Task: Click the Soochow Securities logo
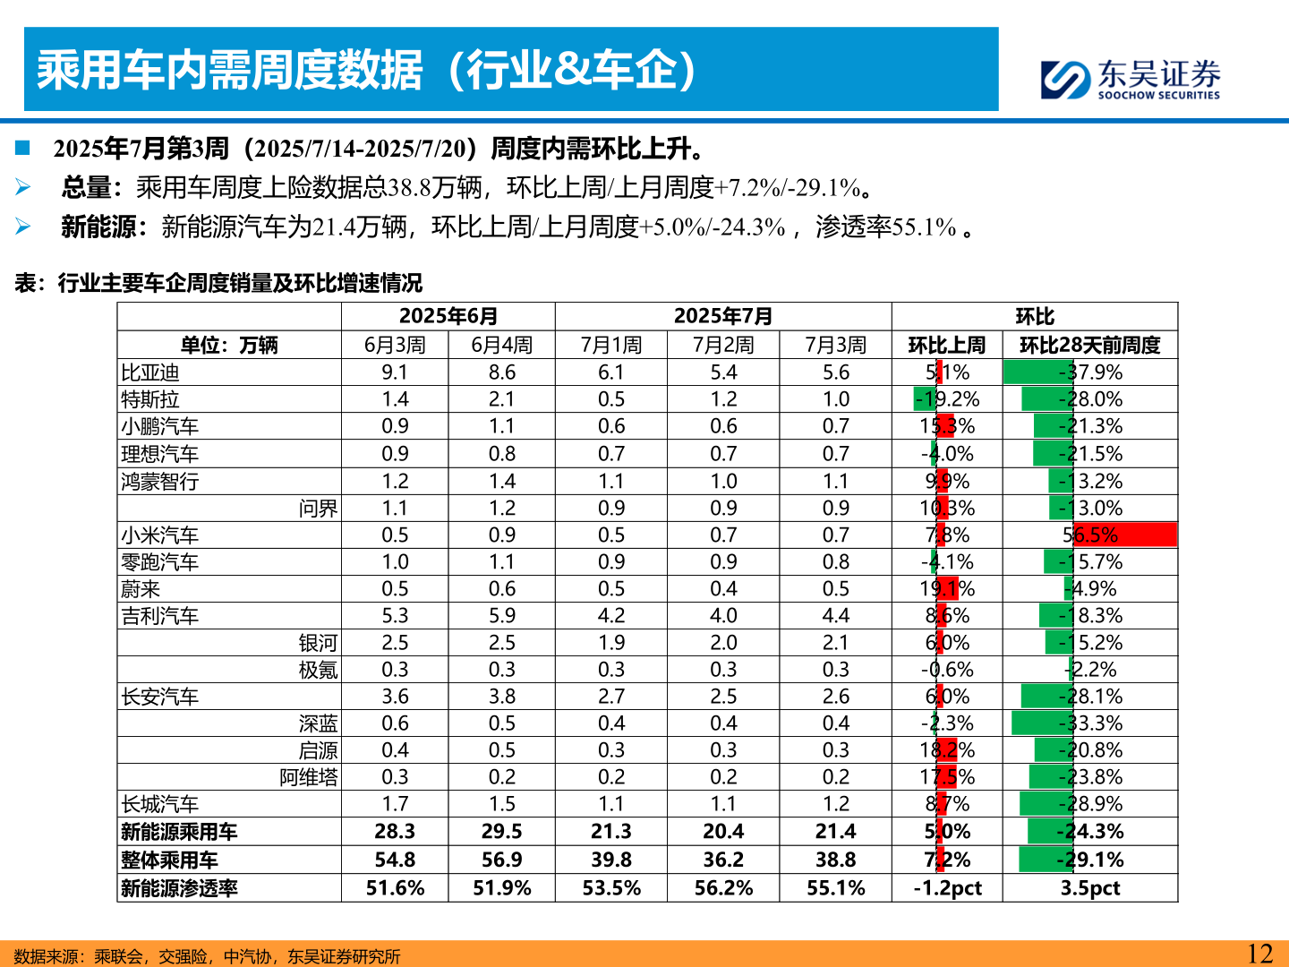[x=1130, y=79]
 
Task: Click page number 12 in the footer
[x=1259, y=954]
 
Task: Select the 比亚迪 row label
[x=150, y=372]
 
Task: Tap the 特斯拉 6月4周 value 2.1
[x=501, y=399]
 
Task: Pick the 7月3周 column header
[x=835, y=345]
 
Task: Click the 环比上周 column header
[x=947, y=345]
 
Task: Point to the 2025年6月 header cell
[x=448, y=316]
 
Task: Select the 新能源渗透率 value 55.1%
[x=835, y=888]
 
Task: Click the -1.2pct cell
[x=947, y=888]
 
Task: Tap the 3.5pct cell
[x=1089, y=888]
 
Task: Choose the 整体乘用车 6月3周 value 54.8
[x=395, y=860]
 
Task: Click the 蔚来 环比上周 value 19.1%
[x=947, y=589]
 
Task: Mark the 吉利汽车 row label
[x=160, y=616]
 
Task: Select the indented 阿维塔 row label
[x=309, y=777]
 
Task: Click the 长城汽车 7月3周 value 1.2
[x=835, y=804]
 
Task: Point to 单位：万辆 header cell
[x=229, y=345]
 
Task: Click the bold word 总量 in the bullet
[x=86, y=188]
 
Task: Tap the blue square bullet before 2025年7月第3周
[x=22, y=148]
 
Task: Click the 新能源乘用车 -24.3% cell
[x=1089, y=831]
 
